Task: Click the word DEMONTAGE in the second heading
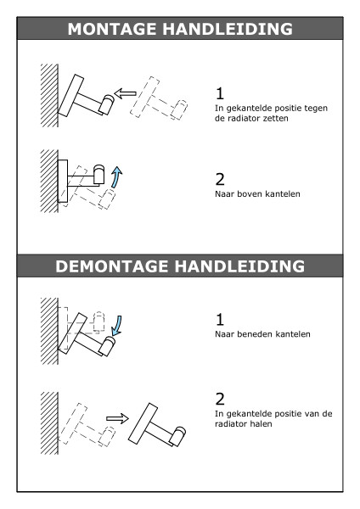pos(113,266)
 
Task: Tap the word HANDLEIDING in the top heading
pos(228,29)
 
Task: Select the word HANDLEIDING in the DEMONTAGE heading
pos(239,266)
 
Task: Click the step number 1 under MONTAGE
pos(220,93)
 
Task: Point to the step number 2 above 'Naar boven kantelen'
pos(220,179)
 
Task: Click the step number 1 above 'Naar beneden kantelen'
pos(220,320)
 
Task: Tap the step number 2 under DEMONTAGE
pos(220,399)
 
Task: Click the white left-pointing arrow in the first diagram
pos(126,93)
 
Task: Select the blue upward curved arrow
pos(116,177)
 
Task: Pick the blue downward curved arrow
pos(117,326)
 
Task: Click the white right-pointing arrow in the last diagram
pos(117,418)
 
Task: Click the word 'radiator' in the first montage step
pos(242,118)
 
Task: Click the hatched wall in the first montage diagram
pos(49,95)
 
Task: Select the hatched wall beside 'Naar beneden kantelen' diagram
pos(49,331)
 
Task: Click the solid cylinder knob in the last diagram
pos(177,436)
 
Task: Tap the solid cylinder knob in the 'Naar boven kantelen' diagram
pos(98,174)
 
